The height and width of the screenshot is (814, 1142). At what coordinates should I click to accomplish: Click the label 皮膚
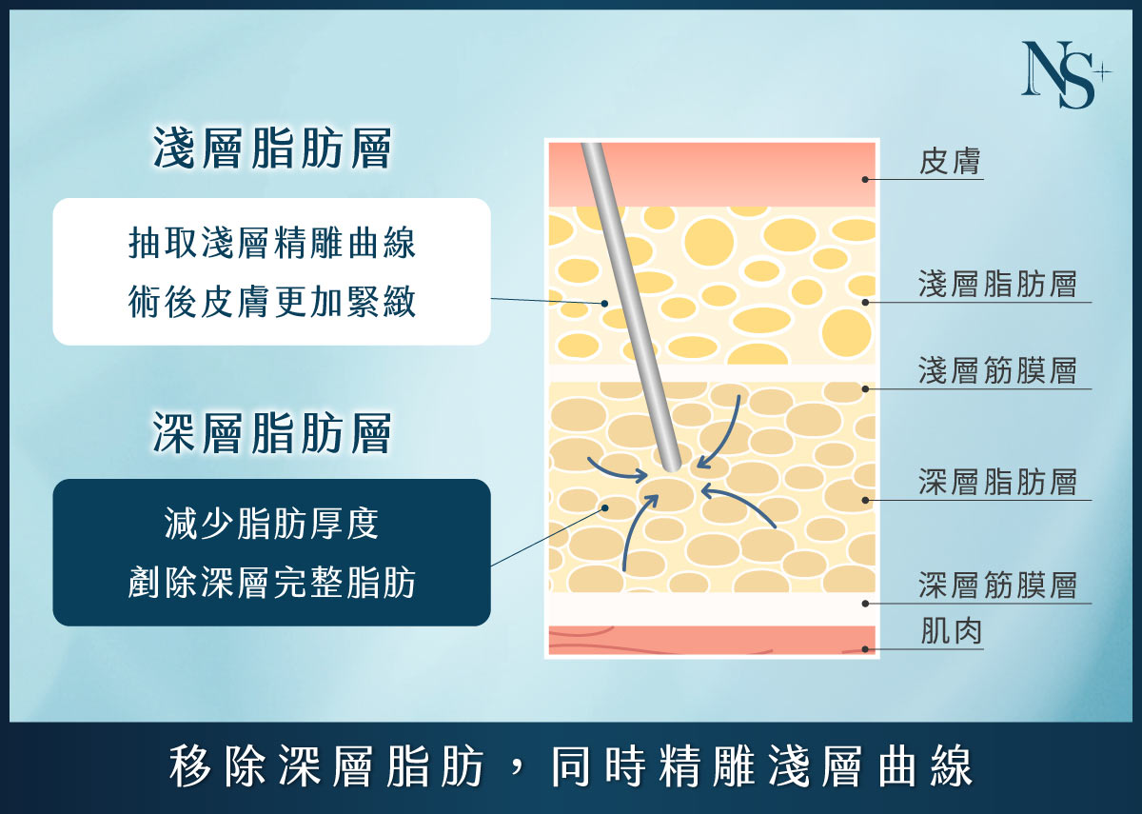point(951,162)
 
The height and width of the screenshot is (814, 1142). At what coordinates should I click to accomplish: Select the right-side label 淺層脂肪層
point(997,285)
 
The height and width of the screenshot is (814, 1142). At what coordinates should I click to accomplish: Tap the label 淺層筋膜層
point(997,370)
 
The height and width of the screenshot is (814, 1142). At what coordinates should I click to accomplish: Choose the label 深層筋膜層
point(997,585)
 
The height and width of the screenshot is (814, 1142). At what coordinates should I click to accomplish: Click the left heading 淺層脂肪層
point(272,149)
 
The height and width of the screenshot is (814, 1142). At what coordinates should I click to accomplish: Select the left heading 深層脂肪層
point(272,434)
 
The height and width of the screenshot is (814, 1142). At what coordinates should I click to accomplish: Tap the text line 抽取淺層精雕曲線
point(272,244)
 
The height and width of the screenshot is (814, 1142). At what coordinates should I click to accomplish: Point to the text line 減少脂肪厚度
point(272,525)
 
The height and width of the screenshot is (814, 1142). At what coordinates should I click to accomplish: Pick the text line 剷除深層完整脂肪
point(272,583)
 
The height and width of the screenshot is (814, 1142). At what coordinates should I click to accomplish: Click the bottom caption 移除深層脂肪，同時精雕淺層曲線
point(571,767)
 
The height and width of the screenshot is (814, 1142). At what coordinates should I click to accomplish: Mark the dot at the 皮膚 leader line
point(865,178)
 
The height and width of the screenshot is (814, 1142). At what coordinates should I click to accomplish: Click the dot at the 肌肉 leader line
point(865,649)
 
